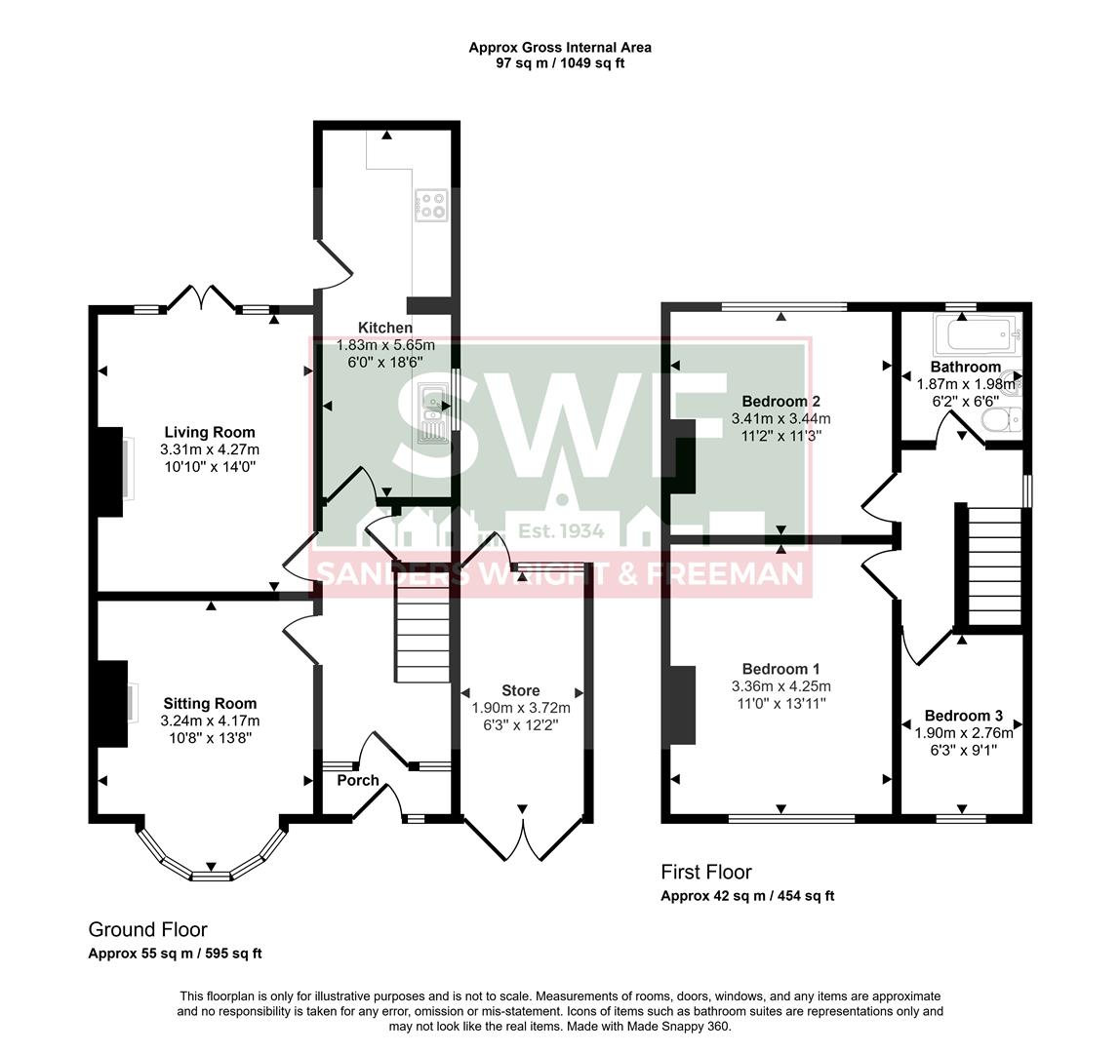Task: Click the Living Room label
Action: click(x=209, y=432)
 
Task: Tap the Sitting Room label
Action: click(x=210, y=703)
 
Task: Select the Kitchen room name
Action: click(x=384, y=328)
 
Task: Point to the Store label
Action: click(x=520, y=690)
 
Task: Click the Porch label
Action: click(x=358, y=780)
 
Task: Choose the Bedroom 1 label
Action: click(x=780, y=669)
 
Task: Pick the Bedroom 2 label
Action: click(x=780, y=401)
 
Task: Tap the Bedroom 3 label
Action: click(x=963, y=715)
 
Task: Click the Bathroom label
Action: click(x=965, y=367)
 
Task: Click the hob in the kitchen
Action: click(x=431, y=204)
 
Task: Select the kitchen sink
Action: click(x=432, y=412)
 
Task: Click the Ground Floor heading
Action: click(x=147, y=929)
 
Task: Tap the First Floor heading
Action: click(x=706, y=872)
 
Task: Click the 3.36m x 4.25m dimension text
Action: click(x=780, y=686)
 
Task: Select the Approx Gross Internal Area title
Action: click(x=560, y=47)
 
